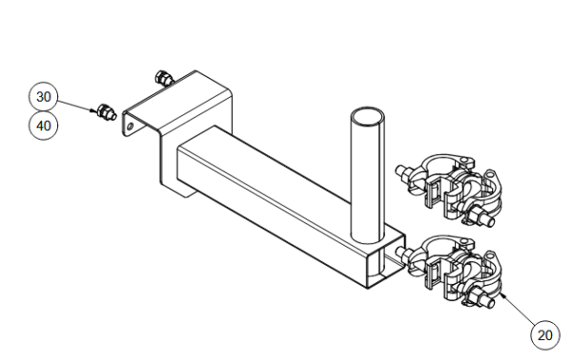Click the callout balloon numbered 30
(44, 96)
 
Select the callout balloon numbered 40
(44, 126)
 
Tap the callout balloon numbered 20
(545, 335)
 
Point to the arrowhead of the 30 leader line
(94, 110)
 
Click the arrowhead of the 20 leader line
(502, 295)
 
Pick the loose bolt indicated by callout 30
(106, 111)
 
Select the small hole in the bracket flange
(130, 127)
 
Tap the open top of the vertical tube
(367, 117)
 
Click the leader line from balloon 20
(520, 311)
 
